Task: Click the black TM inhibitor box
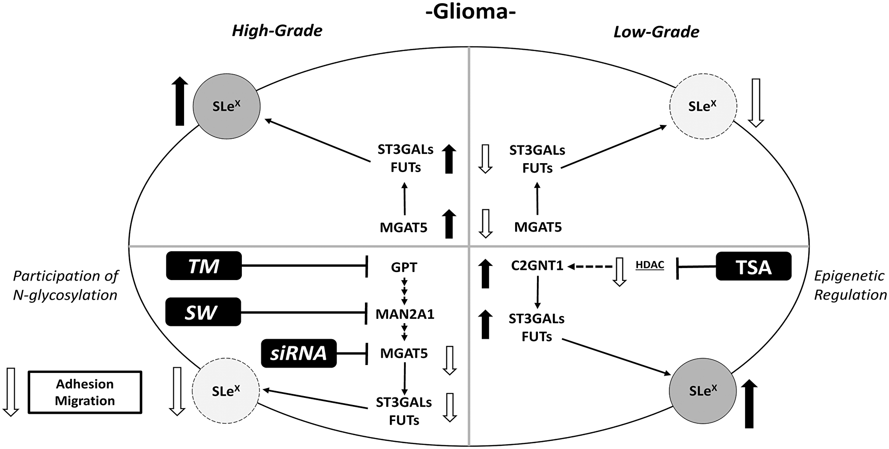204,266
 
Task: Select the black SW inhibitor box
203,312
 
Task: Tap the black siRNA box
299,353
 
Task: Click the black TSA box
753,266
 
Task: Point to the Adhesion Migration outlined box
85,392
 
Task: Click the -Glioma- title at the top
471,12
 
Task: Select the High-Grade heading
277,31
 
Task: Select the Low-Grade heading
656,32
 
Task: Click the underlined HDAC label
649,265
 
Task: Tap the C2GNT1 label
537,266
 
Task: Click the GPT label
404,267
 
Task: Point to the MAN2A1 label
404,314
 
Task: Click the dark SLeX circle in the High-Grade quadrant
227,106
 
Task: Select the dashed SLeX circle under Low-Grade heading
703,106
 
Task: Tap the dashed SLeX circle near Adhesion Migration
226,391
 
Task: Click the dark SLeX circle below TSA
703,391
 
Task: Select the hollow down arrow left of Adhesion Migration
11,391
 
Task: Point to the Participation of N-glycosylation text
65,285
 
